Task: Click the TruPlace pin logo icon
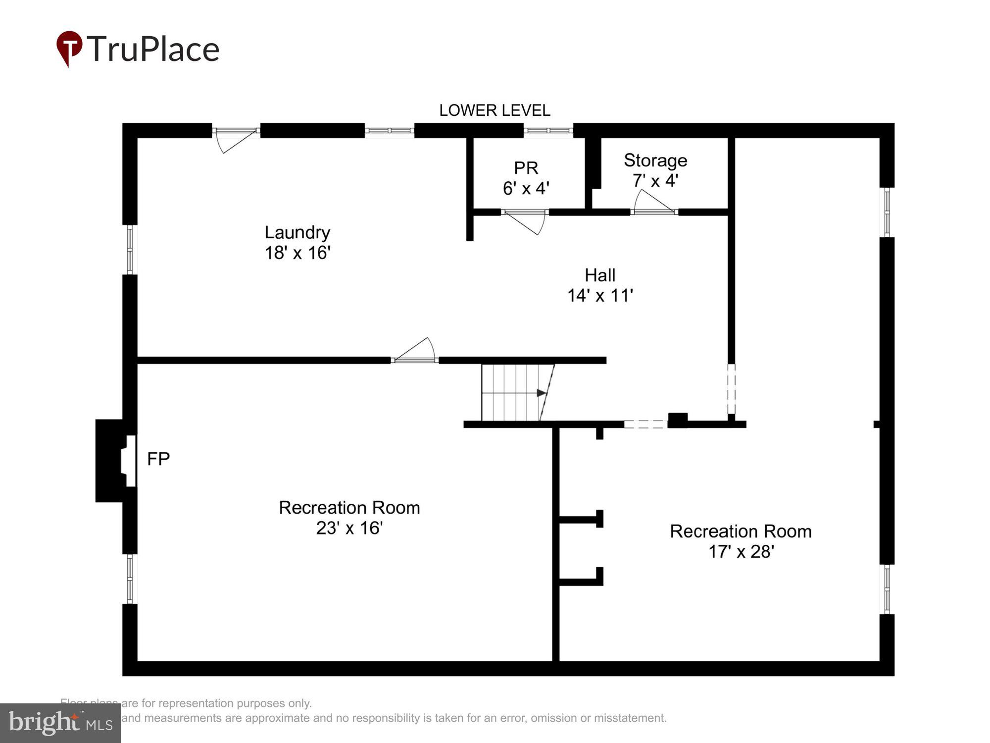[x=69, y=48]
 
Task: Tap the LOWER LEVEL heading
[x=495, y=110]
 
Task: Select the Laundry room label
[x=297, y=232]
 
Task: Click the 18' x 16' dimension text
[x=297, y=253]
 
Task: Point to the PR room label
[x=526, y=168]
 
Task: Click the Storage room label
[x=655, y=160]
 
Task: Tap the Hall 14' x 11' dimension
[x=600, y=296]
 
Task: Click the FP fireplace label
[x=158, y=459]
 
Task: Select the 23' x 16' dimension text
[x=349, y=528]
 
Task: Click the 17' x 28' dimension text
[x=741, y=551]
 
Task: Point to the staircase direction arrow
[x=541, y=393]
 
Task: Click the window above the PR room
[x=548, y=131]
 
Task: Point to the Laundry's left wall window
[x=130, y=249]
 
